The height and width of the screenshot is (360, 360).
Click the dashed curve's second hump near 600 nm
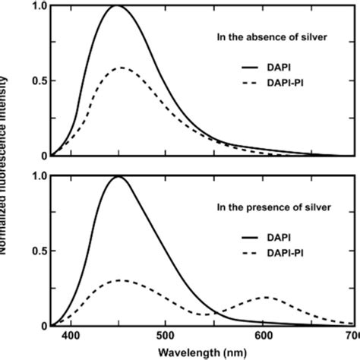click(266, 297)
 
